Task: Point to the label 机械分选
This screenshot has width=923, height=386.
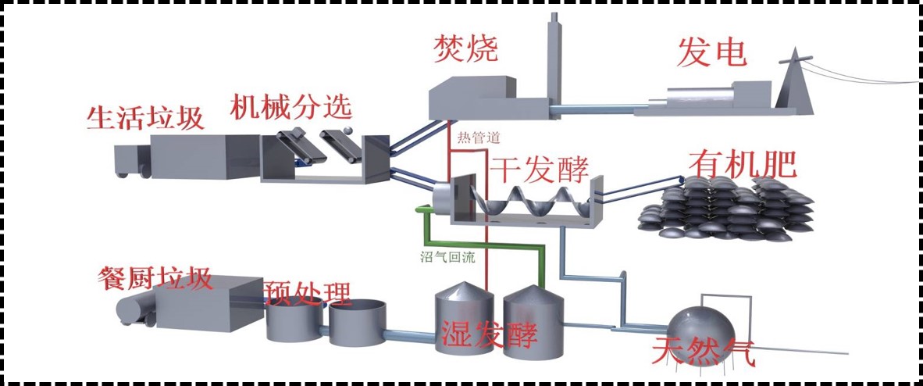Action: coord(290,106)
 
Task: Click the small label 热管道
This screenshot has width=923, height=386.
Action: coord(478,138)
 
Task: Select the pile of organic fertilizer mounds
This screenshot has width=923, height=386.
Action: coord(726,209)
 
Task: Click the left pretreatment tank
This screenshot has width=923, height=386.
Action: coord(294,320)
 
